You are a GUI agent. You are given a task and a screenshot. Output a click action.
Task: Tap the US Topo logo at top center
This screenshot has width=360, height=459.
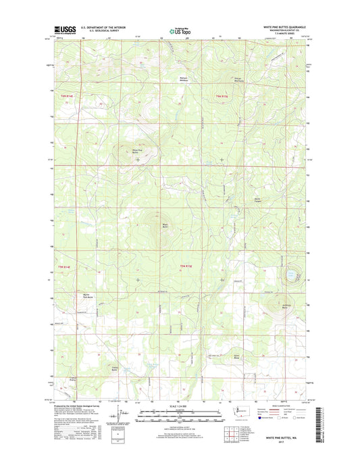[180, 30]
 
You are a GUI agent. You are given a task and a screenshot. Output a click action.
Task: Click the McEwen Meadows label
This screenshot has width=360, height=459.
[176, 78]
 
